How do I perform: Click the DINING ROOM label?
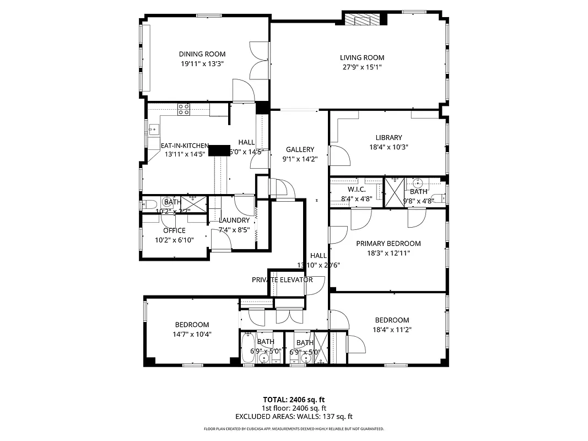[202, 54]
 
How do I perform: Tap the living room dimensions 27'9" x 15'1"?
[362, 67]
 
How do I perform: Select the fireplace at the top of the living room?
[362, 20]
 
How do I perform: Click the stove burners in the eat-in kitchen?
[184, 109]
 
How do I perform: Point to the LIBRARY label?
[389, 138]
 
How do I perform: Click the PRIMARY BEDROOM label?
[388, 244]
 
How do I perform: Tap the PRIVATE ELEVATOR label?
[282, 280]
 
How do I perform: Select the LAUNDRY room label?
[234, 220]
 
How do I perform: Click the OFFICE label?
[174, 230]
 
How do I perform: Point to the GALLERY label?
[300, 149]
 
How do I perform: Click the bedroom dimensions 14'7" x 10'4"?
[193, 334]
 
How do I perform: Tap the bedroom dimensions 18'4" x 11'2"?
[392, 330]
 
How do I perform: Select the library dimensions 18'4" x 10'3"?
[389, 147]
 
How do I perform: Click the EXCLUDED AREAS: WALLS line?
[294, 417]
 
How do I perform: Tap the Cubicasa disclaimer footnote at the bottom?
[294, 428]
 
